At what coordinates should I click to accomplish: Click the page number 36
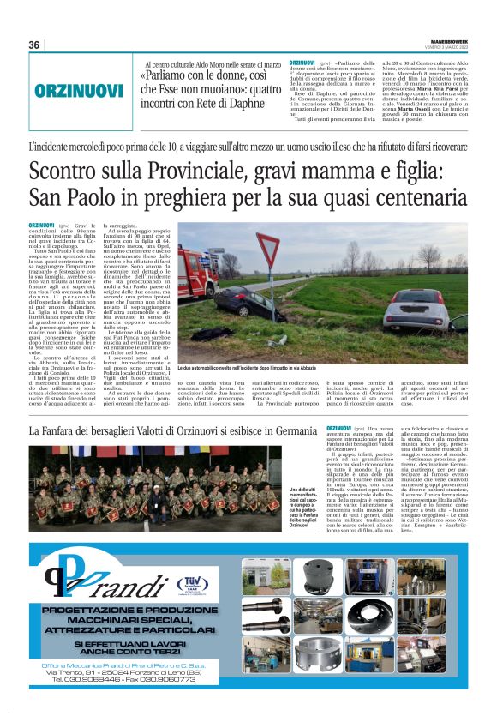pyautogui.click(x=34, y=45)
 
